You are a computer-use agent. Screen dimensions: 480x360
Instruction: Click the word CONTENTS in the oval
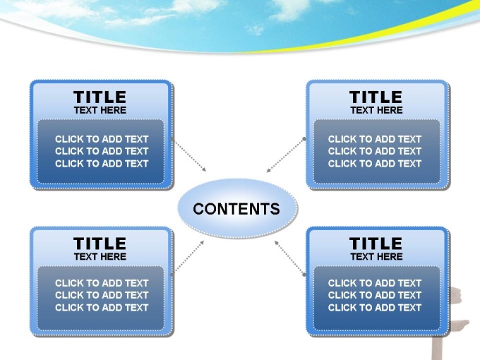[236, 209]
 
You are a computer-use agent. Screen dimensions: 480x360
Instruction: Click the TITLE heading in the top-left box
[100, 97]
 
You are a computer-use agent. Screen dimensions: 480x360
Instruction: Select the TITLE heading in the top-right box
[376, 97]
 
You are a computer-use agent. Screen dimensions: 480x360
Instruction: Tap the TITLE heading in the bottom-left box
[100, 244]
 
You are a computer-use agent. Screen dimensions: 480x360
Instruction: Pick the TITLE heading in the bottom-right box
[376, 244]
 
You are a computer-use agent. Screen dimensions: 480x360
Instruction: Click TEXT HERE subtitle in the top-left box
[100, 110]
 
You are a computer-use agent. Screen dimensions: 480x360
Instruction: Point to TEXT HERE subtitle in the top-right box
[376, 110]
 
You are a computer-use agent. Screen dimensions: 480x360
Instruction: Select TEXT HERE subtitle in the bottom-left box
[100, 256]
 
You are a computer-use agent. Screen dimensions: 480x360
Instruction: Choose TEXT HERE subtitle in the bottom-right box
[376, 256]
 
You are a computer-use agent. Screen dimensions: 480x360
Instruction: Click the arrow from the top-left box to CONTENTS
[189, 155]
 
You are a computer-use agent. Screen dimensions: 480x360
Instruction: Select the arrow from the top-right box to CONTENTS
[285, 155]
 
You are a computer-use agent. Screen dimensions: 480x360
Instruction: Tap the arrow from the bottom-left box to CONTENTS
[188, 257]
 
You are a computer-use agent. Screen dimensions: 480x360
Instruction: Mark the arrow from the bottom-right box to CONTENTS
[289, 258]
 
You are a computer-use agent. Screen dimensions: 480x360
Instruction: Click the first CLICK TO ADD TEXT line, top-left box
[102, 139]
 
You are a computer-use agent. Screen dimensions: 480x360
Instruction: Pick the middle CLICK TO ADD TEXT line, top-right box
[375, 151]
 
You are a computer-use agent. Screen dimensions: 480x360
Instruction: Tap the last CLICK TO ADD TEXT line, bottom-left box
[102, 308]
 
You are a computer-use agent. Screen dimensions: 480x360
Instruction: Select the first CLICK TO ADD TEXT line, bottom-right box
[375, 283]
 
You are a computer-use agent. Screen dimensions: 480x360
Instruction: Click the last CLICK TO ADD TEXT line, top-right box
[375, 164]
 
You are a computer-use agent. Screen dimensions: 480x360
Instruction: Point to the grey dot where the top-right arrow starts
[304, 139]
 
